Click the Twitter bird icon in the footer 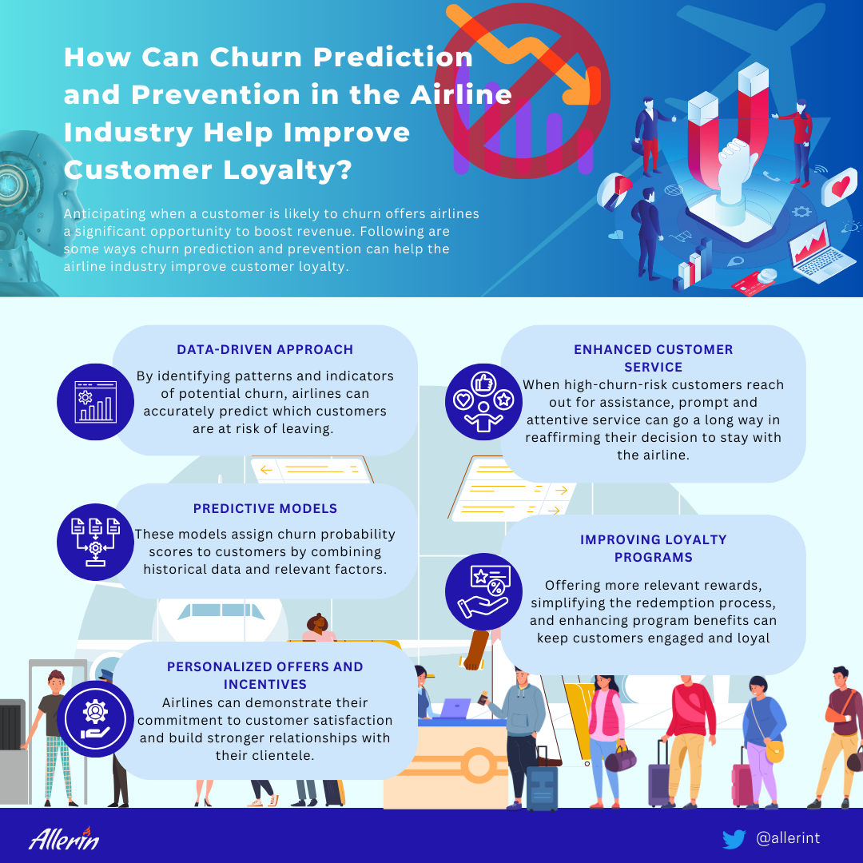[734, 839]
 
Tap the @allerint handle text [788, 838]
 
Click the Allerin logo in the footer [64, 838]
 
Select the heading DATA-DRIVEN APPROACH [264, 349]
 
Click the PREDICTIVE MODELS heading [264, 508]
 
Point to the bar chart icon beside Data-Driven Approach [95, 402]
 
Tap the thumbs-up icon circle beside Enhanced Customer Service [483, 402]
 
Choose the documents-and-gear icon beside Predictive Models [95, 542]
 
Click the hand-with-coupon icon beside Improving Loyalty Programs [483, 591]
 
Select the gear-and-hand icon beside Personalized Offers [95, 719]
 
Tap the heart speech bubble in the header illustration [839, 186]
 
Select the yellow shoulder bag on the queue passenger [774, 750]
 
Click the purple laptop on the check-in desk [455, 708]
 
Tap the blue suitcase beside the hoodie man [542, 788]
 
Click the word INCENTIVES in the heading [264, 684]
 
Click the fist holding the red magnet [735, 165]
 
